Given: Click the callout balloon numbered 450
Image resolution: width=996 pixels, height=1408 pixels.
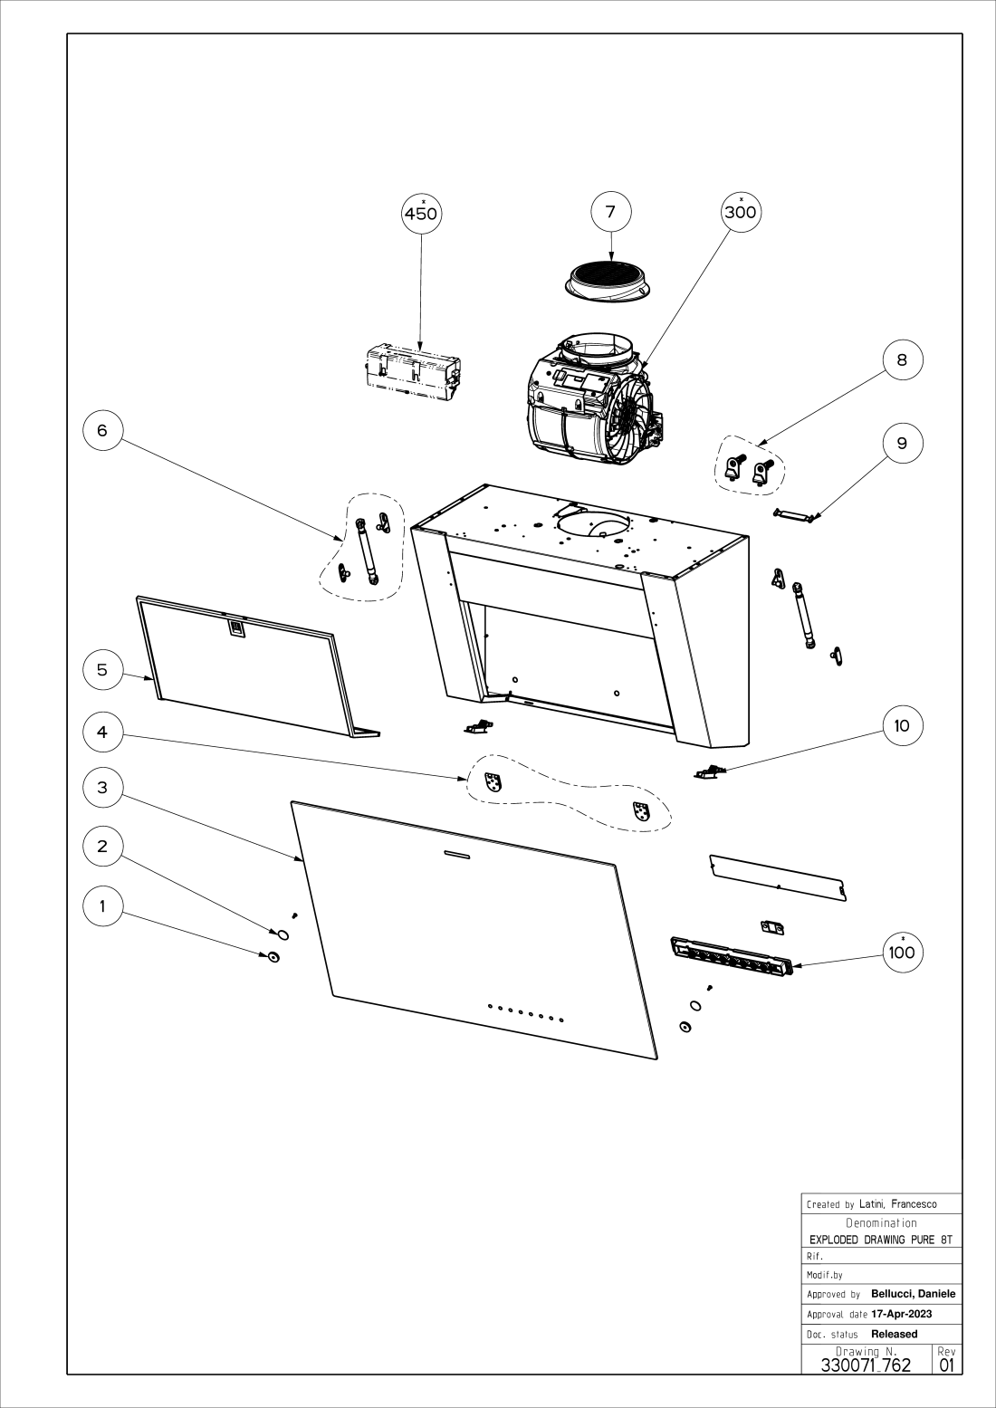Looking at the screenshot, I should pyautogui.click(x=421, y=214).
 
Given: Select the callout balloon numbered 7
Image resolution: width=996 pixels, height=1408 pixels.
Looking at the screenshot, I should pyautogui.click(x=610, y=212).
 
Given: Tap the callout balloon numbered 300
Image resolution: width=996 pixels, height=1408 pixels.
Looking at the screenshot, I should pyautogui.click(x=741, y=213).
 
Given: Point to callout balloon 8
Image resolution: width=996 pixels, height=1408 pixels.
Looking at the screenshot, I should pyautogui.click(x=902, y=359).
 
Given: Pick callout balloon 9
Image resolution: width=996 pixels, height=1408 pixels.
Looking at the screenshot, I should pyautogui.click(x=902, y=443).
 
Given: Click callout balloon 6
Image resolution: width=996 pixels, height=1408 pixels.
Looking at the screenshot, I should pyautogui.click(x=102, y=430).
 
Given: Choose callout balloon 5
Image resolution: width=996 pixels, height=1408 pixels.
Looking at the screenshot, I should pyautogui.click(x=102, y=669).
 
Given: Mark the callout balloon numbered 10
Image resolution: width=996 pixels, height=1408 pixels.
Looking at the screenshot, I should pyautogui.click(x=902, y=725).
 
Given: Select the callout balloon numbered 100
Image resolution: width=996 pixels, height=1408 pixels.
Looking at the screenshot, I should pyautogui.click(x=902, y=952).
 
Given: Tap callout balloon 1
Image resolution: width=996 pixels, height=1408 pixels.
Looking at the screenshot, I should pyautogui.click(x=102, y=905).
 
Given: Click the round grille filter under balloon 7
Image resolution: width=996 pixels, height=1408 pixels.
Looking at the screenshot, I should pyautogui.click(x=609, y=277).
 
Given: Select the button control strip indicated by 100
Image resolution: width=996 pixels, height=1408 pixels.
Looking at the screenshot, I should pyautogui.click(x=732, y=956).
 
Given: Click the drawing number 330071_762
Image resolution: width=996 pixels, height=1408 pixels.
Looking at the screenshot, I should pyautogui.click(x=865, y=1365).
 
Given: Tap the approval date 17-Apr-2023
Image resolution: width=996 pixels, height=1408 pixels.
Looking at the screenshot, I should pyautogui.click(x=901, y=1314).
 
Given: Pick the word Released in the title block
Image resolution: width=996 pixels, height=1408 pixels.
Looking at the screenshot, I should pyautogui.click(x=894, y=1334).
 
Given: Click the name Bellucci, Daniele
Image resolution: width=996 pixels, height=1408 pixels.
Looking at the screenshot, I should pyautogui.click(x=913, y=1294).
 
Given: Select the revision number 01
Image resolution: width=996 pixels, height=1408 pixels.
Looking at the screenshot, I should pyautogui.click(x=947, y=1365).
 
